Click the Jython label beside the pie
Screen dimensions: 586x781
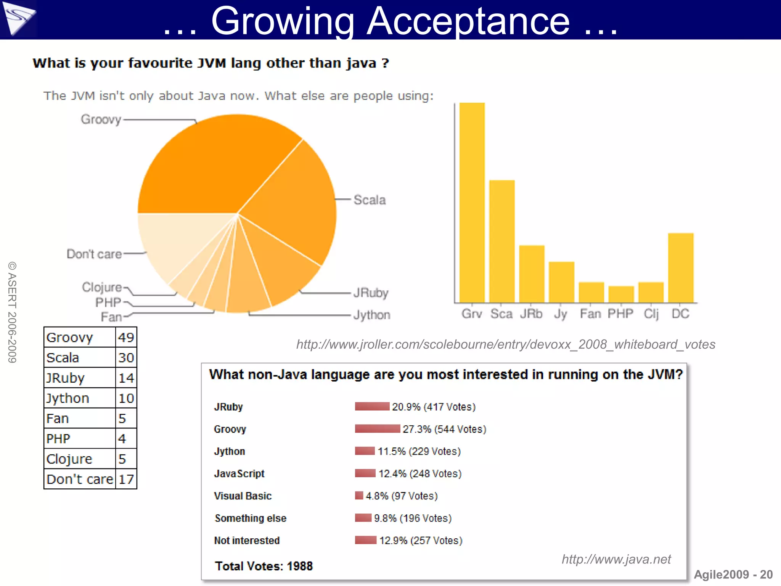[x=371, y=315]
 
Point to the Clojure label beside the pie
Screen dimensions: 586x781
[x=102, y=287]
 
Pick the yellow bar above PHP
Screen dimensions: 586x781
[x=621, y=294]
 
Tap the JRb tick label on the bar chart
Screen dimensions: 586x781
[x=531, y=314]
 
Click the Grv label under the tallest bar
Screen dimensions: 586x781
[x=472, y=314]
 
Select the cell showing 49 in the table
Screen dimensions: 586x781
[x=126, y=337]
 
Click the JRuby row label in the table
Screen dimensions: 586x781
[x=66, y=378]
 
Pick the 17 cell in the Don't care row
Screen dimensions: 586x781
[x=126, y=479]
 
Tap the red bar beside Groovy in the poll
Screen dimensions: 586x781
[x=377, y=429]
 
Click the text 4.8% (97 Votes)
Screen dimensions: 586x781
[x=402, y=496]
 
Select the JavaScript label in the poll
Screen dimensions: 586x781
[x=239, y=474]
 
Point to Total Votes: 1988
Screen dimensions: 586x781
[x=264, y=566]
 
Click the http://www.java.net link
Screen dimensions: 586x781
[x=616, y=559]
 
